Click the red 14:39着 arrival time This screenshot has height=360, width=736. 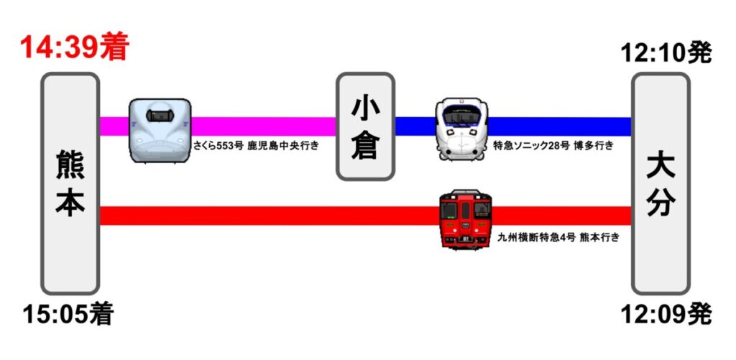(x=75, y=48)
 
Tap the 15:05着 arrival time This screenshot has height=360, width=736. (x=68, y=314)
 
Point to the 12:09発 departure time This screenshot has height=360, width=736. (x=666, y=314)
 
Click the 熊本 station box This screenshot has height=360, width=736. (x=70, y=183)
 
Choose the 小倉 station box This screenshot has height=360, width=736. (x=366, y=126)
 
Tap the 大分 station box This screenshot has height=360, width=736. (x=660, y=183)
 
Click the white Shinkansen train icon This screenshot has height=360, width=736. (x=160, y=130)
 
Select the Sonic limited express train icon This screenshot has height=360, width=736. (x=461, y=129)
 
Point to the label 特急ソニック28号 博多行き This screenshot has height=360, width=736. (x=553, y=146)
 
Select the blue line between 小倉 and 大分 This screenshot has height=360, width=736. (x=561, y=126)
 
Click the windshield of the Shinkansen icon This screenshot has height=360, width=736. (x=160, y=114)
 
